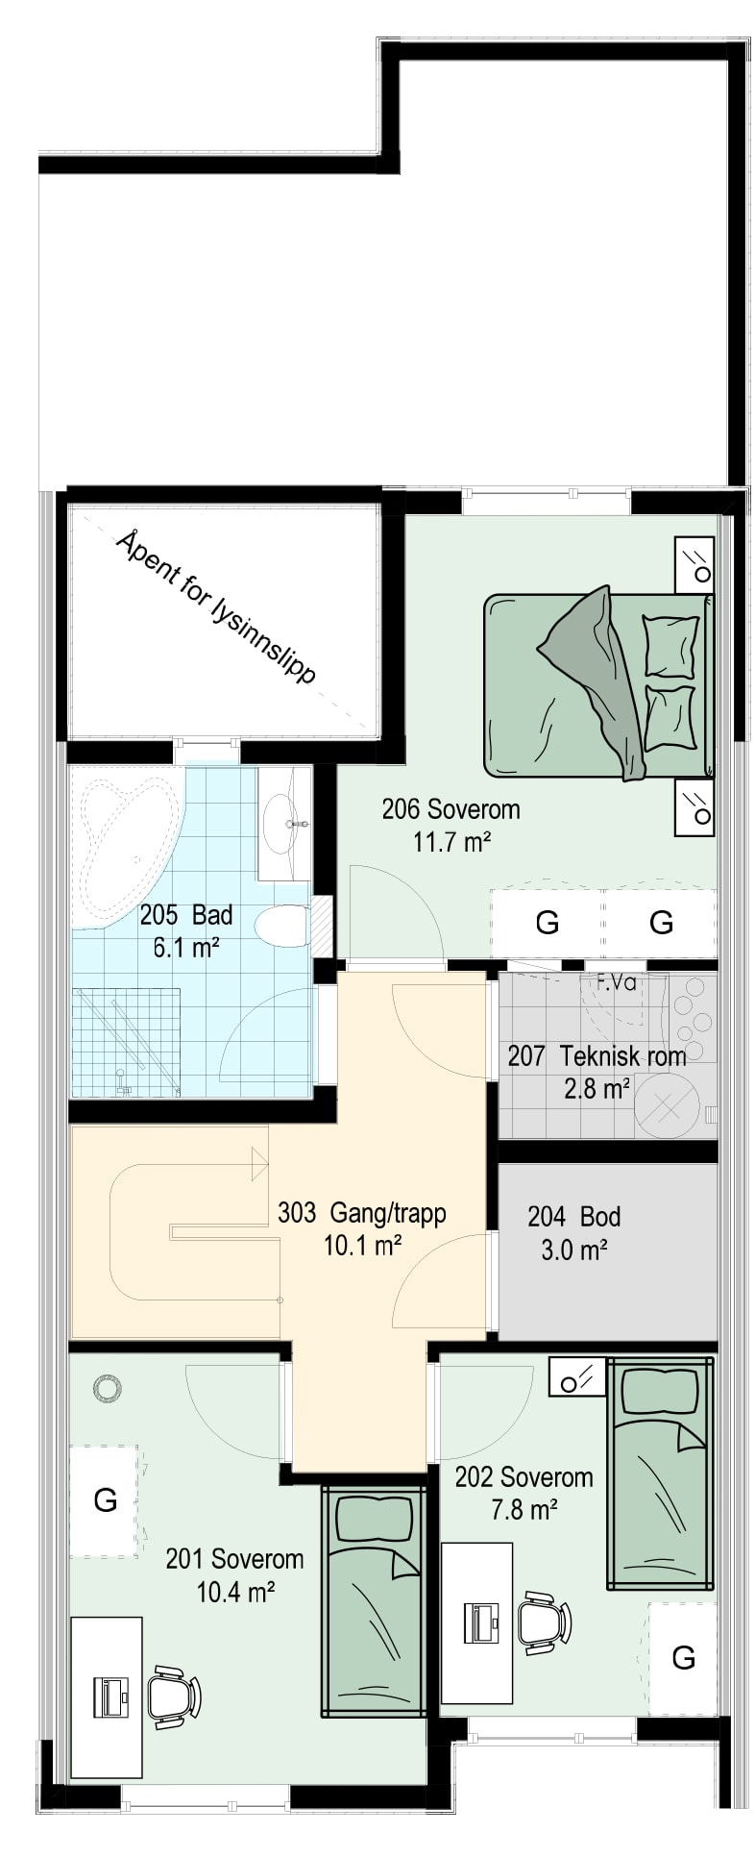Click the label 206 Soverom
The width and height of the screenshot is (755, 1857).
(x=451, y=808)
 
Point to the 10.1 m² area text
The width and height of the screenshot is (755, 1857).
(x=362, y=1246)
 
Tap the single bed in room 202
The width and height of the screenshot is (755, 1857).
(x=659, y=1473)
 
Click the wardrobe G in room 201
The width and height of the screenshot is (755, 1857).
(x=105, y=1499)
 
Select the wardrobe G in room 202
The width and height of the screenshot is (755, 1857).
(x=683, y=1657)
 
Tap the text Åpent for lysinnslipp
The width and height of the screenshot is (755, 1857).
(x=215, y=607)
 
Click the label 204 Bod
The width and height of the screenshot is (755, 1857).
(x=574, y=1217)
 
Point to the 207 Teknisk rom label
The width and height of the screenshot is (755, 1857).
(x=597, y=1056)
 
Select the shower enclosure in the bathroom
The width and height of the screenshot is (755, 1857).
(x=126, y=1042)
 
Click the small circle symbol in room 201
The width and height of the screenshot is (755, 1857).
(x=107, y=1386)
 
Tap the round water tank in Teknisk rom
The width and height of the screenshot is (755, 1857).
(x=666, y=1105)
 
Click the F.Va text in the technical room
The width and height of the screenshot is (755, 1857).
(x=617, y=982)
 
